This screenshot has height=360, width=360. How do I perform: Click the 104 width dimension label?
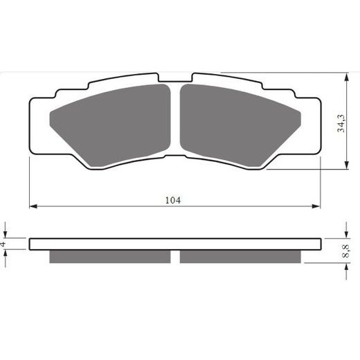(x=173, y=200)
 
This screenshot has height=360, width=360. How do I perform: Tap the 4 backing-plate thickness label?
(x=4, y=244)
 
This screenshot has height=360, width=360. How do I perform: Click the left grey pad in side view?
(x=110, y=256)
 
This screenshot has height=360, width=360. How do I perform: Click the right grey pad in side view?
(x=241, y=256)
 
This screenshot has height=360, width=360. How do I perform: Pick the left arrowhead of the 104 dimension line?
(x=32, y=206)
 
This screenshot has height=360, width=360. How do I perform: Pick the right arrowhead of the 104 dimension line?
(x=319, y=206)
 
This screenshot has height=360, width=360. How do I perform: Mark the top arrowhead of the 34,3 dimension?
(x=345, y=75)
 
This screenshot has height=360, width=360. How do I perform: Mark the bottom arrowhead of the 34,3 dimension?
(x=345, y=166)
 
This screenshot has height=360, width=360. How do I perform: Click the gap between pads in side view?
(x=175, y=256)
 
